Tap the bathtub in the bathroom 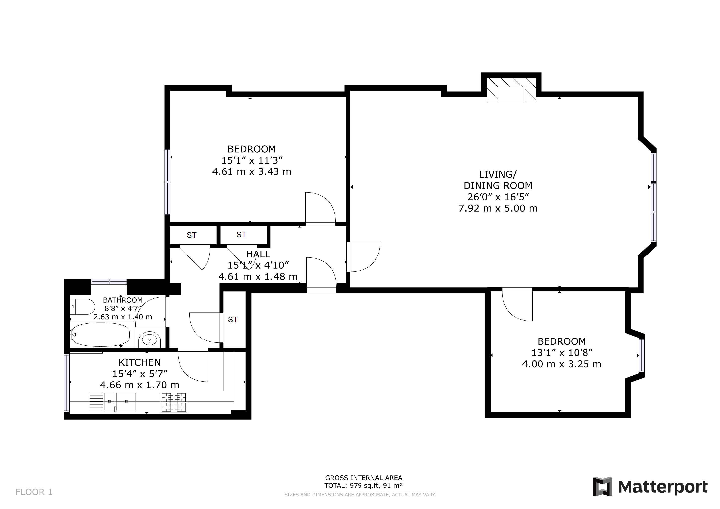coord(100,335)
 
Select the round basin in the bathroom coord(150,339)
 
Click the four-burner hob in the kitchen coord(174,402)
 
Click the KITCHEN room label coord(139,362)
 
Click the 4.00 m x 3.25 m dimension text coord(561,364)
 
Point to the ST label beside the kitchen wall coord(233,319)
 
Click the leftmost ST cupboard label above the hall coord(192,235)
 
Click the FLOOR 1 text coord(34,492)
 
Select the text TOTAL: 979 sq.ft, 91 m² coord(363,486)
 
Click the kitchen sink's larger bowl coord(126,401)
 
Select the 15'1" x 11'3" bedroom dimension coord(252,161)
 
